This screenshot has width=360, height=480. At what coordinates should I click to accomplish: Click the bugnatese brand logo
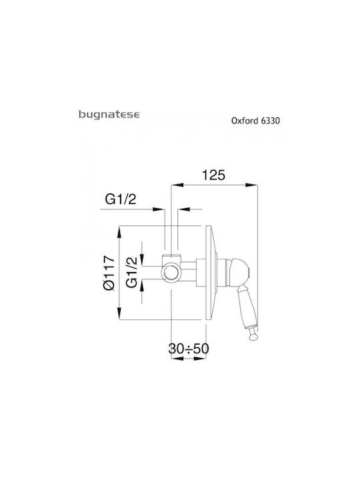pyautogui.click(x=109, y=115)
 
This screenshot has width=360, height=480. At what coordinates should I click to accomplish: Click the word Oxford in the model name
pyautogui.click(x=245, y=121)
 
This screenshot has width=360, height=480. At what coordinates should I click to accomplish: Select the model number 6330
pyautogui.click(x=270, y=121)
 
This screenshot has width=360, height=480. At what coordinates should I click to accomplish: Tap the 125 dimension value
pyautogui.click(x=214, y=175)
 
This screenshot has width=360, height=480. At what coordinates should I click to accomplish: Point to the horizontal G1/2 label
pyautogui.click(x=120, y=199)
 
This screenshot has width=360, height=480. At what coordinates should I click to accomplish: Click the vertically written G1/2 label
pyautogui.click(x=132, y=272)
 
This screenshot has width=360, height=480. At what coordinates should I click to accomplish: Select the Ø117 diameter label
pyautogui.click(x=109, y=273)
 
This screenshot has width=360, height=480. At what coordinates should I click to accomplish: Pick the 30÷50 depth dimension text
pyautogui.click(x=189, y=349)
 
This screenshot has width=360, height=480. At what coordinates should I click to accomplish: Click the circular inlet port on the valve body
pyautogui.click(x=171, y=273)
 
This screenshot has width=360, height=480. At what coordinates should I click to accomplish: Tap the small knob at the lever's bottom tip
pyautogui.click(x=253, y=337)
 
